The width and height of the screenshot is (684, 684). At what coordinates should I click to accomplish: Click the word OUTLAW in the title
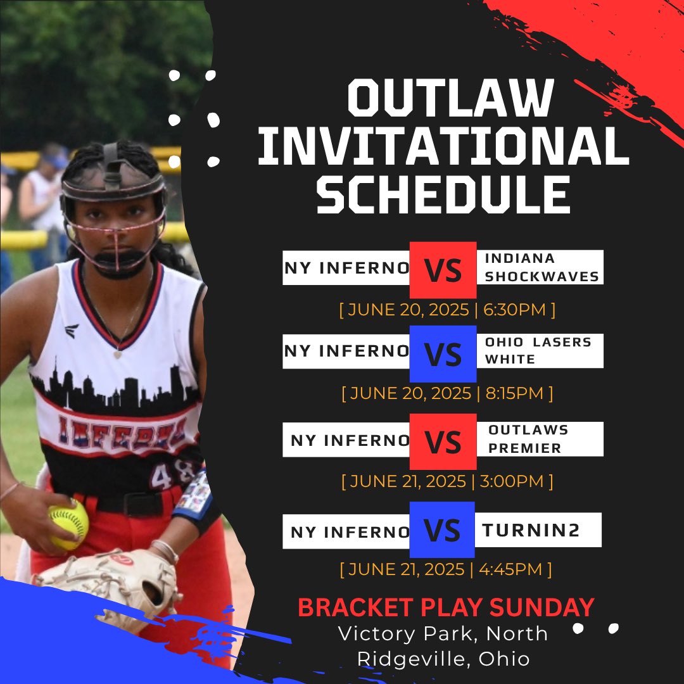[450, 98]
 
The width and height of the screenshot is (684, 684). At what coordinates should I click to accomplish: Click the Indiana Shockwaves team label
[541, 268]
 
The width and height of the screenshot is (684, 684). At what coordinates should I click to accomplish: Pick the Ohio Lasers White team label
[538, 351]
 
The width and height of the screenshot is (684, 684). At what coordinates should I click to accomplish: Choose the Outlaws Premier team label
[529, 439]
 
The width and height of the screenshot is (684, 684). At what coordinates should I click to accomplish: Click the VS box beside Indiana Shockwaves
[443, 270]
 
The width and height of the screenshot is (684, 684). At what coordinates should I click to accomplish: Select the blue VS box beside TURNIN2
[442, 531]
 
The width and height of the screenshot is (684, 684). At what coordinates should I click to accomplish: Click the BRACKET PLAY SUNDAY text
[446, 607]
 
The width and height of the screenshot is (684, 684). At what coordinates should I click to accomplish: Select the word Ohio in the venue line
[504, 659]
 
